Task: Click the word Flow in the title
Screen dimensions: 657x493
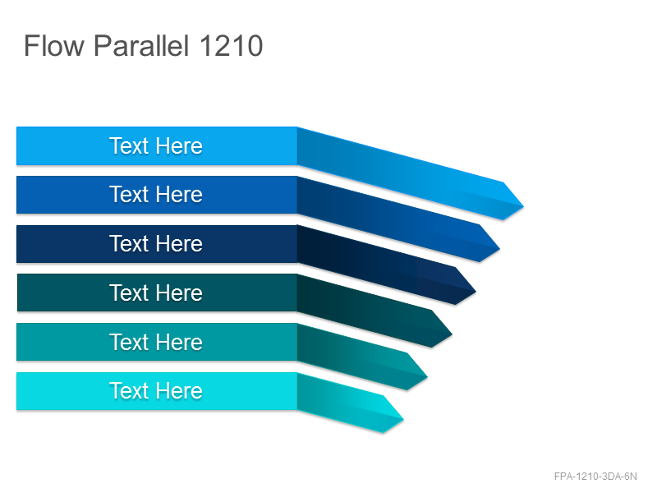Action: coord(54,45)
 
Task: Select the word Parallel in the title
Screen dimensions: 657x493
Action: coord(141,45)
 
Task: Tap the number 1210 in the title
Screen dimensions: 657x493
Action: coord(232,45)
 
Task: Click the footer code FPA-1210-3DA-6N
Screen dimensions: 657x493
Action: coord(595,477)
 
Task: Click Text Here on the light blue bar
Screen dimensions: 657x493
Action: coord(156,146)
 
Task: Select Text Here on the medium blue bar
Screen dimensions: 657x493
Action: coord(156,195)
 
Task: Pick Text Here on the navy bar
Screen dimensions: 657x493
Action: coord(156,243)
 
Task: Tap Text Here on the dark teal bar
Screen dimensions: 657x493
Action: coord(156,293)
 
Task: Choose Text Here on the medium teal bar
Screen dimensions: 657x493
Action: coord(156,342)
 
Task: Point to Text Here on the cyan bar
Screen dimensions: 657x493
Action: coord(156,391)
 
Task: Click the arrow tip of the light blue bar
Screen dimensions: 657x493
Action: coord(523,206)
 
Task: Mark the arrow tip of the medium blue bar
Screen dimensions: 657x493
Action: coord(499,249)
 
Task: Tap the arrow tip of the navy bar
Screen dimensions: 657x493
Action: coord(476,292)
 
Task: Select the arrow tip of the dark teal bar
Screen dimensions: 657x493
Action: coord(452,334)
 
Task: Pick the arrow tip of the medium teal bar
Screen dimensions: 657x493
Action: coord(427,377)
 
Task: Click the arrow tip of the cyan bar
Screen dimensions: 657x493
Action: coord(403,419)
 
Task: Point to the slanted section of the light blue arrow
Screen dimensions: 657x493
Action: coord(400,173)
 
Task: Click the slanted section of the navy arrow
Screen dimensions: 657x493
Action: coord(376,265)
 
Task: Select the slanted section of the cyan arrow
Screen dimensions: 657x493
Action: coord(340,403)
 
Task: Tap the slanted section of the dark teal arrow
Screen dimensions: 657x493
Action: coord(365,311)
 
